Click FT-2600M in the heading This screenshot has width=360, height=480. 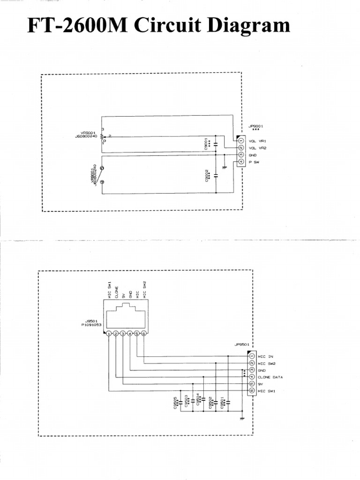click(x=77, y=26)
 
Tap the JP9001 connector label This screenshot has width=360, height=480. click(x=255, y=126)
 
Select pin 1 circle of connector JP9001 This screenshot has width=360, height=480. click(x=240, y=141)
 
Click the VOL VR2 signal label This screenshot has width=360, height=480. click(x=258, y=148)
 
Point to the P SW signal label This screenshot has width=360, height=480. click(x=255, y=162)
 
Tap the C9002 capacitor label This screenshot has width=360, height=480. click(x=208, y=176)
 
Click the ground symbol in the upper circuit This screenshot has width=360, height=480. click(x=225, y=165)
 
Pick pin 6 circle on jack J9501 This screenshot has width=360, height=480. click(x=143, y=334)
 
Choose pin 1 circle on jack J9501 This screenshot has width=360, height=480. click(x=109, y=334)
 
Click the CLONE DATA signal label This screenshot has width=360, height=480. click(x=270, y=377)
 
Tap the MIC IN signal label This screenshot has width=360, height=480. click(x=265, y=356)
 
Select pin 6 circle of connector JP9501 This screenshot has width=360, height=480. click(x=252, y=390)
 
